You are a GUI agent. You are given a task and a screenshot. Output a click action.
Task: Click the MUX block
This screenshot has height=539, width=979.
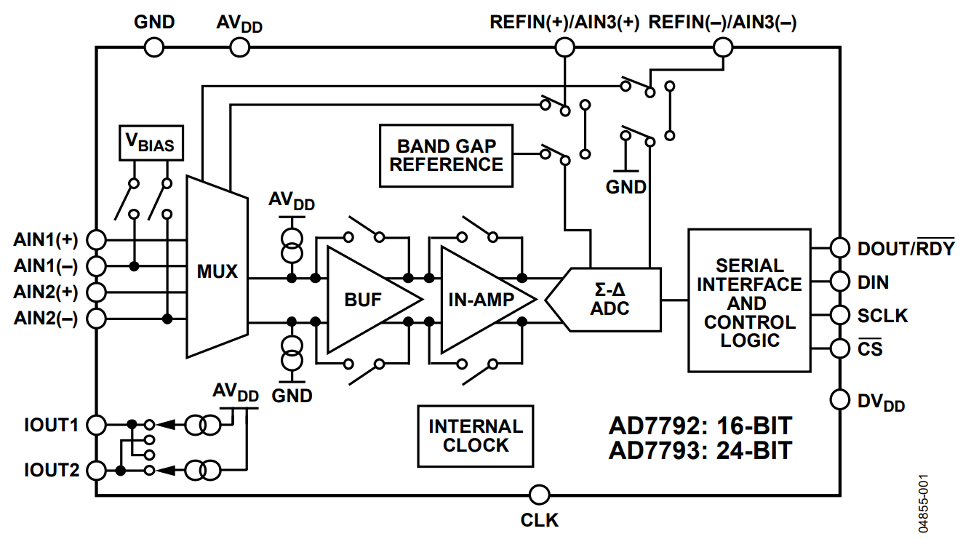217,267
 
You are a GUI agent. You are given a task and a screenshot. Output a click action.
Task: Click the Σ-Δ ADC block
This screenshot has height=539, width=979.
607,300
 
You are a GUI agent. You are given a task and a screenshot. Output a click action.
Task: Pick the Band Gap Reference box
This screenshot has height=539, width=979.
447,156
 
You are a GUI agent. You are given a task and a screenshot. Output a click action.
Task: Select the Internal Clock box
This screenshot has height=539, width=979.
476,436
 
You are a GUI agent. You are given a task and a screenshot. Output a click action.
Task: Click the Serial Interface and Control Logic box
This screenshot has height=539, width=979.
750,300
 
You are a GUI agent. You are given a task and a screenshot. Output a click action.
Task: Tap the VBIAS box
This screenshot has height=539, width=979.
151,143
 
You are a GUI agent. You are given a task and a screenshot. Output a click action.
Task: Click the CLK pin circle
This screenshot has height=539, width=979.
540,495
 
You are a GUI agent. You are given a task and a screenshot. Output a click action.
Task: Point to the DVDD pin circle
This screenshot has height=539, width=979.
839,399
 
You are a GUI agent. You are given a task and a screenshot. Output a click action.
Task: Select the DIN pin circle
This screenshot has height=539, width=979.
839,281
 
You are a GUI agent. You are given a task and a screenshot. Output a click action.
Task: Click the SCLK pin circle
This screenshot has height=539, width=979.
839,315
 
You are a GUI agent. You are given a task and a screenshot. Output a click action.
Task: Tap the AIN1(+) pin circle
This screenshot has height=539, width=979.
96,239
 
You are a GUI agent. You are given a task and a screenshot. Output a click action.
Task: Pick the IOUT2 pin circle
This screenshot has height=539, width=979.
96,471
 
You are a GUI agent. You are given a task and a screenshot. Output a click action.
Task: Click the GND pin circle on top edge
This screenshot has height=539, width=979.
154,47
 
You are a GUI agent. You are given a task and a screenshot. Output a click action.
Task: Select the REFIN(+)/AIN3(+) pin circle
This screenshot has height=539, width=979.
564,47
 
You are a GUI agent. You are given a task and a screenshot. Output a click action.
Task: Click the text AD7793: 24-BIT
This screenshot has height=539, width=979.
700,451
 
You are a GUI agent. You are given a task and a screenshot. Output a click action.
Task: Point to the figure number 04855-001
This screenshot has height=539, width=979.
922,503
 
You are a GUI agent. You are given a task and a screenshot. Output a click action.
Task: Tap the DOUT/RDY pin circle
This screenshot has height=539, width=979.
839,248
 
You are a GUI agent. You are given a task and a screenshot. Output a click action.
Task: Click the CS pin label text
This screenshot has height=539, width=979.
870,348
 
